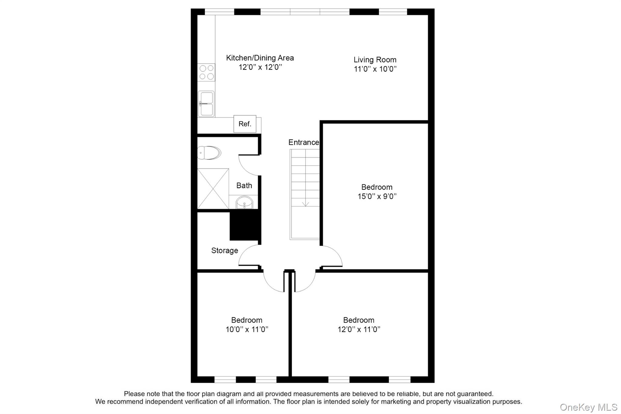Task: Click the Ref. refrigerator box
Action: (245, 124)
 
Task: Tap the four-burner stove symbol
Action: (206, 72)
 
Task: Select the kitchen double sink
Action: (206, 104)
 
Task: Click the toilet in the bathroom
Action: (209, 153)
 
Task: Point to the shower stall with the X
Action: (213, 189)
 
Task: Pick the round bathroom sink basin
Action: (244, 203)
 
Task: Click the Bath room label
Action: (244, 185)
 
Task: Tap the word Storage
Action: (224, 251)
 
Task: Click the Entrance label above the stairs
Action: (304, 142)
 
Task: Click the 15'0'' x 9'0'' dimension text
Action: (377, 196)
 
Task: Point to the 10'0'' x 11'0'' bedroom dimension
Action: (247, 329)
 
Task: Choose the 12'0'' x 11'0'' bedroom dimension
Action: (359, 329)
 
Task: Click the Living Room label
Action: (375, 60)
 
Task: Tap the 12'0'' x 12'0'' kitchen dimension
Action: (260, 67)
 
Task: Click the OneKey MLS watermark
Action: (588, 407)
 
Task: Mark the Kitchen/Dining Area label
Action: (260, 58)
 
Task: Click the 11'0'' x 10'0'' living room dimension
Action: (375, 69)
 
